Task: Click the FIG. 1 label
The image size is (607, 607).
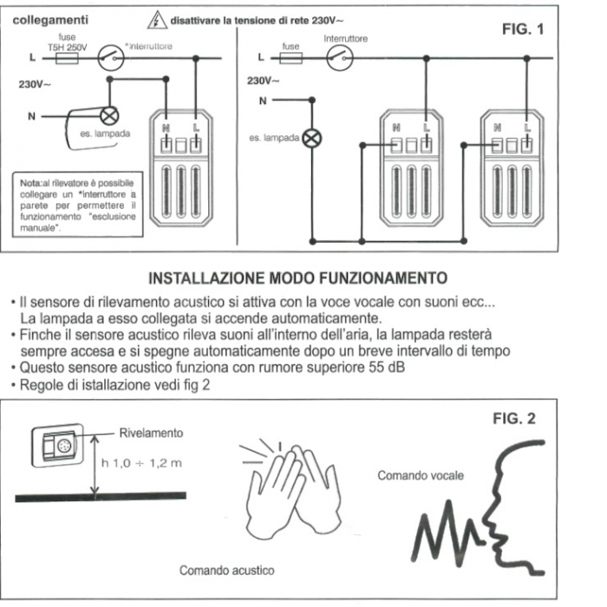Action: coord(523,29)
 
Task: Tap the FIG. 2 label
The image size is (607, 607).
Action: coord(514,419)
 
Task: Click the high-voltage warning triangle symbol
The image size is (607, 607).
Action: coord(157,20)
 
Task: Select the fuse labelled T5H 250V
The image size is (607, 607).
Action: coord(67,58)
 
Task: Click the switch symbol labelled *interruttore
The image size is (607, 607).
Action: coord(111,58)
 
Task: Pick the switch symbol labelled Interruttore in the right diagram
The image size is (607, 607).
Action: coord(340,58)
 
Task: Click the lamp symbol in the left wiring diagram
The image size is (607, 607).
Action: coord(109,115)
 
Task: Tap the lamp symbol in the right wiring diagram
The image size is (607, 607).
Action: coord(311,139)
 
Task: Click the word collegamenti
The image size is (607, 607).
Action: coord(50,20)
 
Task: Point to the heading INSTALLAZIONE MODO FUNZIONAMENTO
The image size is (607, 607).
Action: coord(297,278)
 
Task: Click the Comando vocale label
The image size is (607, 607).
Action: coord(421,475)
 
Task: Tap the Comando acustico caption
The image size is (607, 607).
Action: coord(227,571)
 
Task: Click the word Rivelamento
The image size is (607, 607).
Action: coord(151,433)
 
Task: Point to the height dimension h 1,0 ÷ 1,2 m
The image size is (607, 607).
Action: coord(141,463)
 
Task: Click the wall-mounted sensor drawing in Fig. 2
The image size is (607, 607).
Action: coord(57,446)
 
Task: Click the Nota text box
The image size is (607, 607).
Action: coord(77,205)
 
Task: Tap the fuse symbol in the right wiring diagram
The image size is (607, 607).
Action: coord(290,58)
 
